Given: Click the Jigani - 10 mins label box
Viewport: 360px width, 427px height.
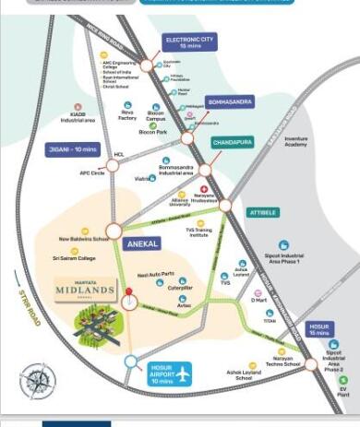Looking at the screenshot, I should pyautogui.click(x=74, y=148).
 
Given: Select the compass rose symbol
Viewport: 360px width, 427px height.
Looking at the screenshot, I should pyautogui.click(x=38, y=379).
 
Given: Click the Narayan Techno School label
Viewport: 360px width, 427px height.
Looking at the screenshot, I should pyautogui.click(x=280, y=364).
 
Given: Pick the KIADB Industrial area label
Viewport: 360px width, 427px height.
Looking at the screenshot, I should pyautogui.click(x=79, y=118).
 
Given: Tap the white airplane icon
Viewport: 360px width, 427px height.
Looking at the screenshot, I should pyautogui.click(x=184, y=375).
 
